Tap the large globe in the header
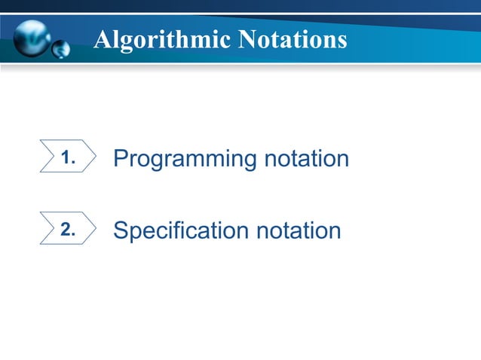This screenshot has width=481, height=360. (x=32, y=36)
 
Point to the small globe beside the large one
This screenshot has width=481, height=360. (x=61, y=50)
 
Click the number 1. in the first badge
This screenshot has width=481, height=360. (x=69, y=159)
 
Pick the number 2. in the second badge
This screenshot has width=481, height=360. (x=69, y=230)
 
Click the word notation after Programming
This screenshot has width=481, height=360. (x=307, y=159)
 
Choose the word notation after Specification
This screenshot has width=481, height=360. (x=299, y=230)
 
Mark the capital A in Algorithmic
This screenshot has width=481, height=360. (x=103, y=40)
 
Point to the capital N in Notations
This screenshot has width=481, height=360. (x=248, y=40)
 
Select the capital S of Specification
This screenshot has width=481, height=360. (x=120, y=230)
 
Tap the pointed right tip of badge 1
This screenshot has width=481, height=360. (x=95, y=157)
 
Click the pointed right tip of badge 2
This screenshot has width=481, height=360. (x=95, y=227)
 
